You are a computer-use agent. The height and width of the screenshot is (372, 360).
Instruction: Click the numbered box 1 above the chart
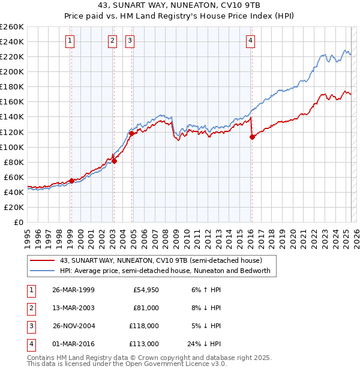pos(70,41)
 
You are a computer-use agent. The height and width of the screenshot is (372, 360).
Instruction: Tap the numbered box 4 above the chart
pos(250,41)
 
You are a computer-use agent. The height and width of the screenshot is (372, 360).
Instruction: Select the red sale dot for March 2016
pos(252,137)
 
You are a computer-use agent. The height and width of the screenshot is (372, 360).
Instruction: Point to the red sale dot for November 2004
pos(132,133)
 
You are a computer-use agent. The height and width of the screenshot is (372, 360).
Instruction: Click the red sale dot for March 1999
pos(72,181)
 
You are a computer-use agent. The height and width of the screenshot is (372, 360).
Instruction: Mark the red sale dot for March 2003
pos(114,161)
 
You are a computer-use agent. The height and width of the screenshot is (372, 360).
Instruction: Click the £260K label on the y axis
pos(12,27)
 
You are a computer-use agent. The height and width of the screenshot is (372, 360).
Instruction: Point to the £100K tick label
pos(12,147)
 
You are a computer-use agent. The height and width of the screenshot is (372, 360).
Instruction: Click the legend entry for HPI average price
pos(165,271)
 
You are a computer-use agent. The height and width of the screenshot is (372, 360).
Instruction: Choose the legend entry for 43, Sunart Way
pos(161,261)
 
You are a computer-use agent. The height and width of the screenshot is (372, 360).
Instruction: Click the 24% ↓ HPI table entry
pos(204,344)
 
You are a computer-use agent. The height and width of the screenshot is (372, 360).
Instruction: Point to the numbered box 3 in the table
pos(30,326)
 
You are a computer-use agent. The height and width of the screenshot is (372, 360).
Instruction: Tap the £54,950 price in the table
pos(146,290)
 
